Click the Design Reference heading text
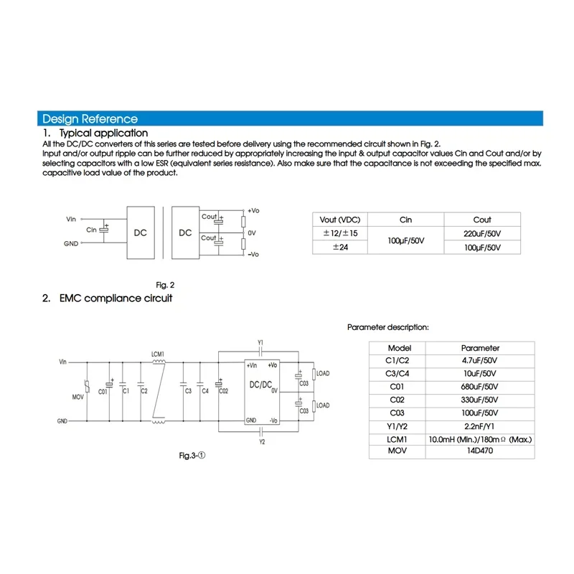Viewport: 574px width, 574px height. pos(90,119)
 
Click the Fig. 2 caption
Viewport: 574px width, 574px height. pos(166,284)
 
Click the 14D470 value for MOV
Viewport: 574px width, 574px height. pos(480,451)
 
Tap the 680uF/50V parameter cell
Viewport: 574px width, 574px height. pos(480,387)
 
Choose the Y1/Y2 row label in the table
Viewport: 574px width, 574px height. pos(397,425)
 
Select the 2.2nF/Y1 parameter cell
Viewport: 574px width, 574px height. pos(480,425)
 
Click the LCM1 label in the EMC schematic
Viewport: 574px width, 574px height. pos(159,354)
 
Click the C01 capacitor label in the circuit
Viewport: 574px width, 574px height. pos(103,391)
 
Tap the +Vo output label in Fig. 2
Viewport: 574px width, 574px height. pos(253,210)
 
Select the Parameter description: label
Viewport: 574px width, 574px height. pos(388,327)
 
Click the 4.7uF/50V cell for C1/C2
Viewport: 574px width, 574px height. pos(480,361)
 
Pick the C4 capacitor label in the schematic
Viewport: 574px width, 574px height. pos(205,391)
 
